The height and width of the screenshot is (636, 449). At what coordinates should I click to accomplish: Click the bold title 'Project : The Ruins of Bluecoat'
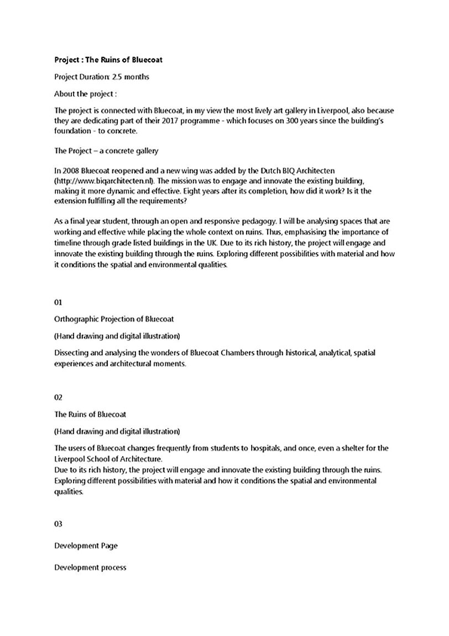coord(108,60)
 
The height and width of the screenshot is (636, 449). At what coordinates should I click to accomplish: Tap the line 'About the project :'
coord(85,94)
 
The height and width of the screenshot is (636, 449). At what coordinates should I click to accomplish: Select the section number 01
coord(59,302)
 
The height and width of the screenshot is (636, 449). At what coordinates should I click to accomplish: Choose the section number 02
coord(59,397)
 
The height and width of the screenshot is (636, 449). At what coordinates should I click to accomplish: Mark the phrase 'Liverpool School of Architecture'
coord(107,459)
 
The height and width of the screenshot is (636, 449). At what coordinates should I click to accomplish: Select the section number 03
coord(59,524)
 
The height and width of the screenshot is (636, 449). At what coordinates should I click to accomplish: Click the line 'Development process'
coord(90,567)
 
